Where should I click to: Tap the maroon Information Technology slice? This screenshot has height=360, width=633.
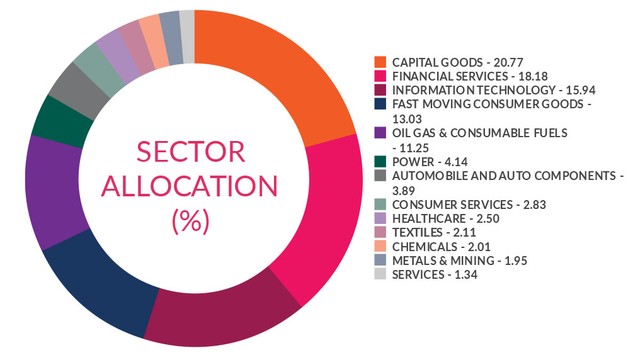(x=220, y=318)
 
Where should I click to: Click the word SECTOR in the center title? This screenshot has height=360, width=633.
(x=191, y=153)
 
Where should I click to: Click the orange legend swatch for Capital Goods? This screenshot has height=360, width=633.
(x=380, y=62)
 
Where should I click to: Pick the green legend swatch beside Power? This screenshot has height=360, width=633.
(x=380, y=160)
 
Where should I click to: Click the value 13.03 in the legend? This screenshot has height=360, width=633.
(x=406, y=118)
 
